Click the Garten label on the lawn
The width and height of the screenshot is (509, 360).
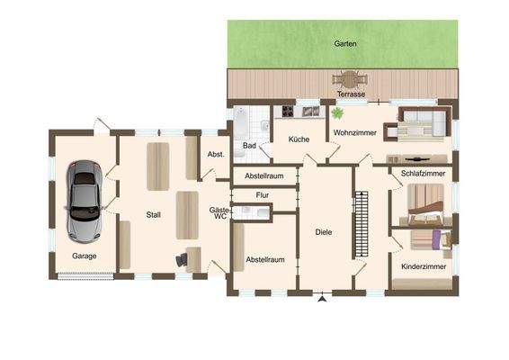(x=344, y=43)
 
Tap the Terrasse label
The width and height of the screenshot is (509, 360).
(x=350, y=94)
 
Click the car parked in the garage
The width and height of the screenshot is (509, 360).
(x=84, y=202)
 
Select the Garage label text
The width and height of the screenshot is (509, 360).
(x=85, y=256)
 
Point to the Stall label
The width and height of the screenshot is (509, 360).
(x=154, y=214)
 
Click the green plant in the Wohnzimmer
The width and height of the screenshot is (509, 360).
(x=338, y=114)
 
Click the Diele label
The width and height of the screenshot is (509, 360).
(x=325, y=232)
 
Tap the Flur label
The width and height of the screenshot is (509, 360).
(x=262, y=194)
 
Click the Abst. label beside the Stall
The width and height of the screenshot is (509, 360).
(x=216, y=154)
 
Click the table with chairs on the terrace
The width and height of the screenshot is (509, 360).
(x=345, y=79)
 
